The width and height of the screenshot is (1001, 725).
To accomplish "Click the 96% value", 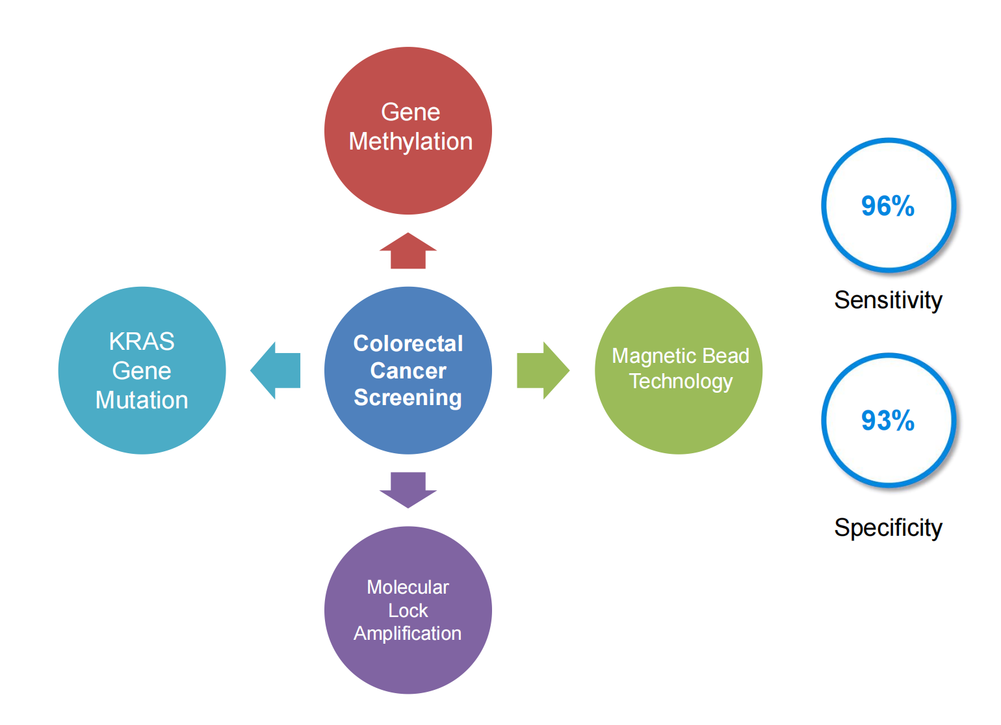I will point(887,206).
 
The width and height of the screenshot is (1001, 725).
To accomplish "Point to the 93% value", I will point(887,421).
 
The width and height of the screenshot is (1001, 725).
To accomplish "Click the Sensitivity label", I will point(888,300).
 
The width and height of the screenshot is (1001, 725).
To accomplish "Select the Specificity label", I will point(888,527).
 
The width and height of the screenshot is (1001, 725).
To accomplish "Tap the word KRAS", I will point(142,341).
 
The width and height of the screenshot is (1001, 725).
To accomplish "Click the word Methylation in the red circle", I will point(411,142).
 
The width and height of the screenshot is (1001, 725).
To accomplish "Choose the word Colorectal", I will point(408,343).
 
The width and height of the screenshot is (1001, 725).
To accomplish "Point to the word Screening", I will point(408,397).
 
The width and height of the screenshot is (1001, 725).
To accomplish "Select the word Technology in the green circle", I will point(681,381).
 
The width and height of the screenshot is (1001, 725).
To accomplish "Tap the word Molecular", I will point(408,587).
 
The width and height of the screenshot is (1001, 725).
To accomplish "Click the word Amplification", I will point(408,633).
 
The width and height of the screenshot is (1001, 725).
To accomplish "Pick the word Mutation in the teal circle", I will point(142,400).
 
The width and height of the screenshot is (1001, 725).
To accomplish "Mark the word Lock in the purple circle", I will point(408,611).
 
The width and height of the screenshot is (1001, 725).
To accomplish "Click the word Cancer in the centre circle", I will point(408,371).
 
